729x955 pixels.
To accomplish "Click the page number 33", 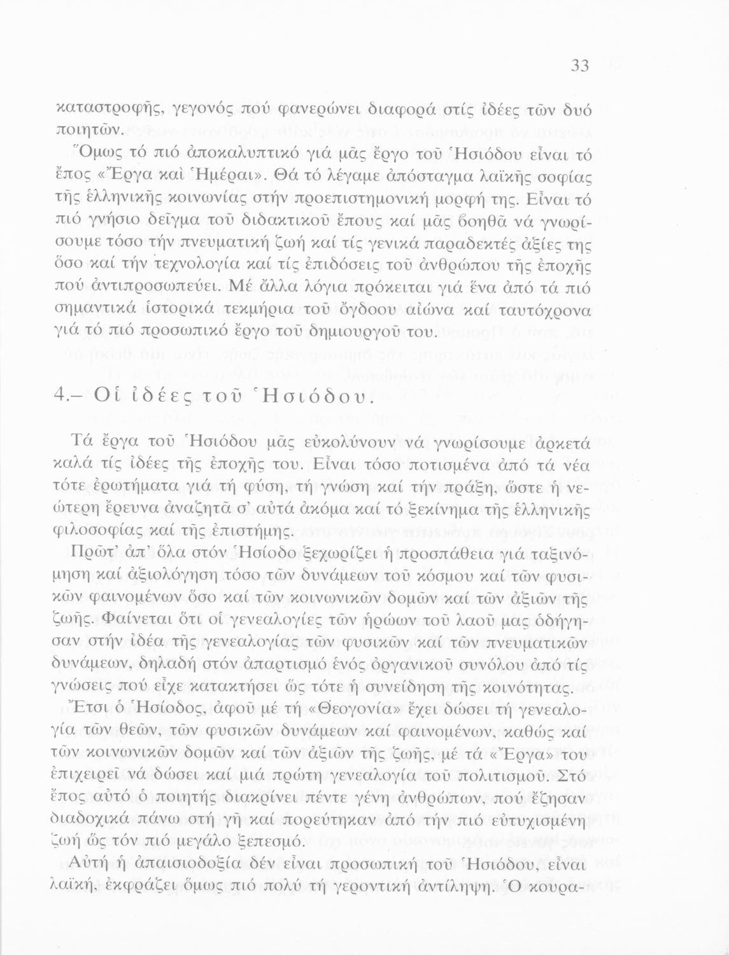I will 579,66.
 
